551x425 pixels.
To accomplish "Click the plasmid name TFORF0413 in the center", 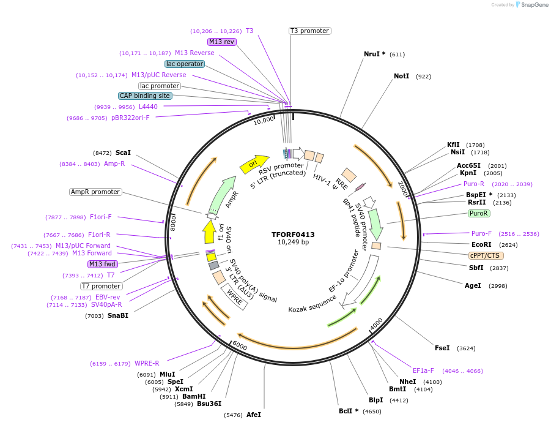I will coord(293,234).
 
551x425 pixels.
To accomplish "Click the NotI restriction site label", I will coord(401,77).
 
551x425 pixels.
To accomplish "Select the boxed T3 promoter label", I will coord(309,31).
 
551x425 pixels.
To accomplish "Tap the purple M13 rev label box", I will coord(221,42).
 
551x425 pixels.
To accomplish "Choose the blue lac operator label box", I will coord(184,64).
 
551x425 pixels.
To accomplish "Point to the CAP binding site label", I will coord(145,96).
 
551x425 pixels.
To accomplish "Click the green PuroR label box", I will coord(479,213).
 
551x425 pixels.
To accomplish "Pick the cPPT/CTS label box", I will coord(484,255).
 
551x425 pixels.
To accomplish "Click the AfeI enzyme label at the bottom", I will coord(254,415).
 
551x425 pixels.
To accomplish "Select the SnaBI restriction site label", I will coord(118,315).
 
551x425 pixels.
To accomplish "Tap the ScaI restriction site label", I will coord(123,152).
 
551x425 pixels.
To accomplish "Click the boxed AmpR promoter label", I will coord(95,192).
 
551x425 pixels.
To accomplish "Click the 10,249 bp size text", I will coord(293,243).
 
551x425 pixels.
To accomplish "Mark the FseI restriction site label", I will coord(442,348).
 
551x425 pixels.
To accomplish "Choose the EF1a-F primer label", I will coord(423,370).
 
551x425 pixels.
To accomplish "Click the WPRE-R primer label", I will coord(147,363).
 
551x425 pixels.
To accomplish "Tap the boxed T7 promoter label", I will coord(102,286).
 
